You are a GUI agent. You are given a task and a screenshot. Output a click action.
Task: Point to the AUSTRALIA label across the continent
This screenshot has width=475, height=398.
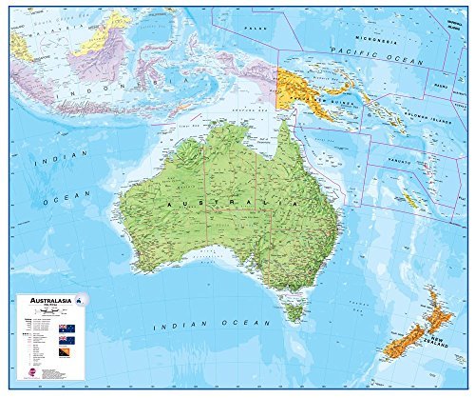click(x=228, y=204)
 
